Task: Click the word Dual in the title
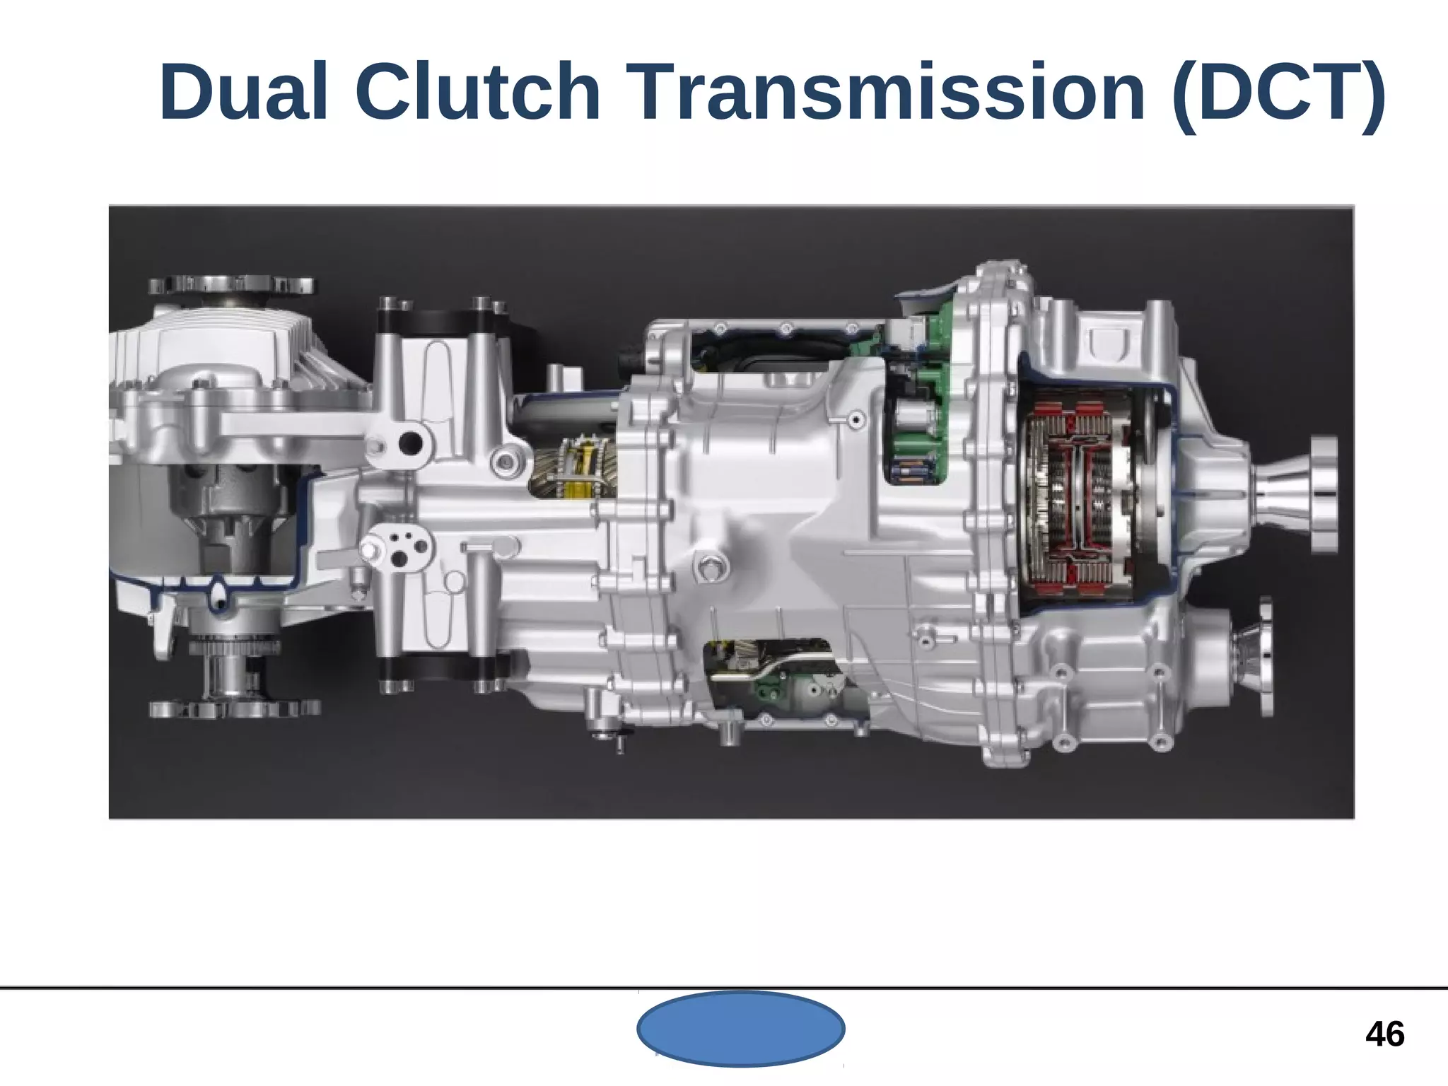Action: pyautogui.click(x=243, y=93)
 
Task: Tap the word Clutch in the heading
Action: pyautogui.click(x=478, y=93)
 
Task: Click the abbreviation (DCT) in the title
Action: pyautogui.click(x=1277, y=93)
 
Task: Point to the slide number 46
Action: pyautogui.click(x=1384, y=1034)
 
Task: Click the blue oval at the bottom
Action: pyautogui.click(x=740, y=1029)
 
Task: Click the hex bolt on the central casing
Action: pyautogui.click(x=711, y=566)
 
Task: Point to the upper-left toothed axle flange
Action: pyautogui.click(x=231, y=286)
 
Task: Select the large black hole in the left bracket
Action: pyautogui.click(x=410, y=443)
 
